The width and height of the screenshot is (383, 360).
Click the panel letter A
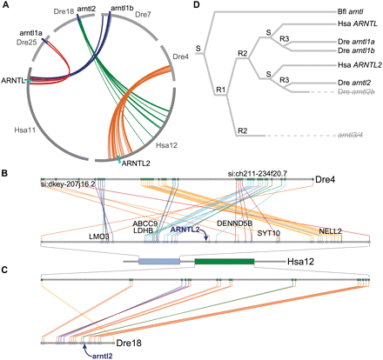coord(7,7)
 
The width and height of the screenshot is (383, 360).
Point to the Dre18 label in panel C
coord(130,343)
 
